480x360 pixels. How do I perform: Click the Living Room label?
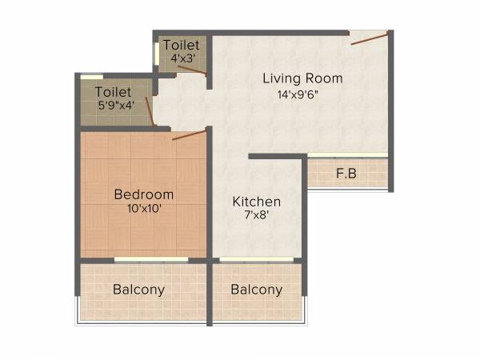[303, 78]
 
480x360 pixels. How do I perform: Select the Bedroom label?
[143, 194]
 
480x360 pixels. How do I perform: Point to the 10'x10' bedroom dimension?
[143, 210]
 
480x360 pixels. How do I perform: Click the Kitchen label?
[256, 202]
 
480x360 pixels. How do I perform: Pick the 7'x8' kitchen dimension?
[256, 215]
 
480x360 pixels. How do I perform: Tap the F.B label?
[346, 173]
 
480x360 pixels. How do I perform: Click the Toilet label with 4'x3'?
[182, 45]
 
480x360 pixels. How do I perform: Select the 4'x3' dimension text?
[182, 58]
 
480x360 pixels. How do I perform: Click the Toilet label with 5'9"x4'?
[113, 92]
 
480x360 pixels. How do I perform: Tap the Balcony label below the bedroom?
[138, 290]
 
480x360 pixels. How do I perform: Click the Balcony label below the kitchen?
[256, 290]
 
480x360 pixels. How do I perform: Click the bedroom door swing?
[189, 134]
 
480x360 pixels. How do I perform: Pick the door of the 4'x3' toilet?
[191, 71]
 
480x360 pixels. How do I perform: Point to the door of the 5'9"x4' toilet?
[149, 110]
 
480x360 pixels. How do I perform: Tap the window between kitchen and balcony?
[256, 259]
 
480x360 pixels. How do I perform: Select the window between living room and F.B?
[347, 154]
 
